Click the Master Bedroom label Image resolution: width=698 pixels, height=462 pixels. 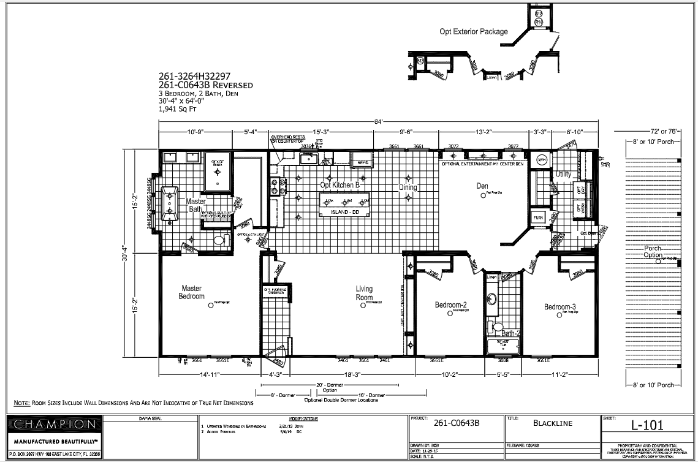(191, 292)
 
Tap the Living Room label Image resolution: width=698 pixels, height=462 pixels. (364, 293)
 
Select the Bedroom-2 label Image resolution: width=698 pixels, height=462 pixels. (451, 305)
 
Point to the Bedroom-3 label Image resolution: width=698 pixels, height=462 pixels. (560, 307)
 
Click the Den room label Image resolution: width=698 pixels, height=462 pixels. (482, 185)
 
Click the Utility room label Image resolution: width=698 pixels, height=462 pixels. (563, 175)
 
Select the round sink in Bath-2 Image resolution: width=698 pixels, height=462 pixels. (491, 300)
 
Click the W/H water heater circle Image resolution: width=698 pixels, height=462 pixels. (541, 159)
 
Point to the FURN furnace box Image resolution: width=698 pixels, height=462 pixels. (537, 218)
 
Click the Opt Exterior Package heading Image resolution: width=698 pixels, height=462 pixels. (473, 32)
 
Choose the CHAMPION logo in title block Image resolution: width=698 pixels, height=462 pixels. (54, 424)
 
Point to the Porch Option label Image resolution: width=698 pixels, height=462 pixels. (653, 252)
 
